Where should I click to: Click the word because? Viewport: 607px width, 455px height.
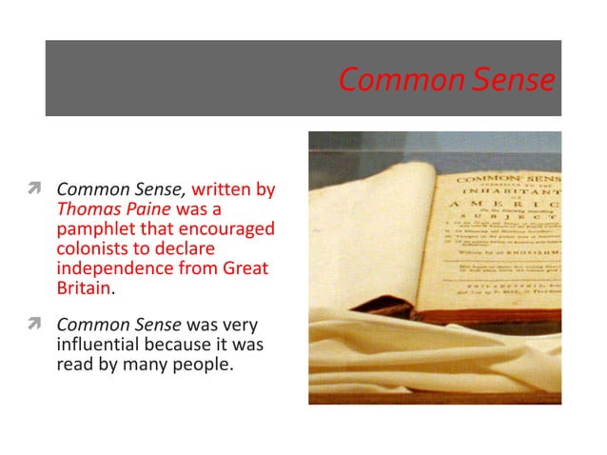(198, 345)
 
